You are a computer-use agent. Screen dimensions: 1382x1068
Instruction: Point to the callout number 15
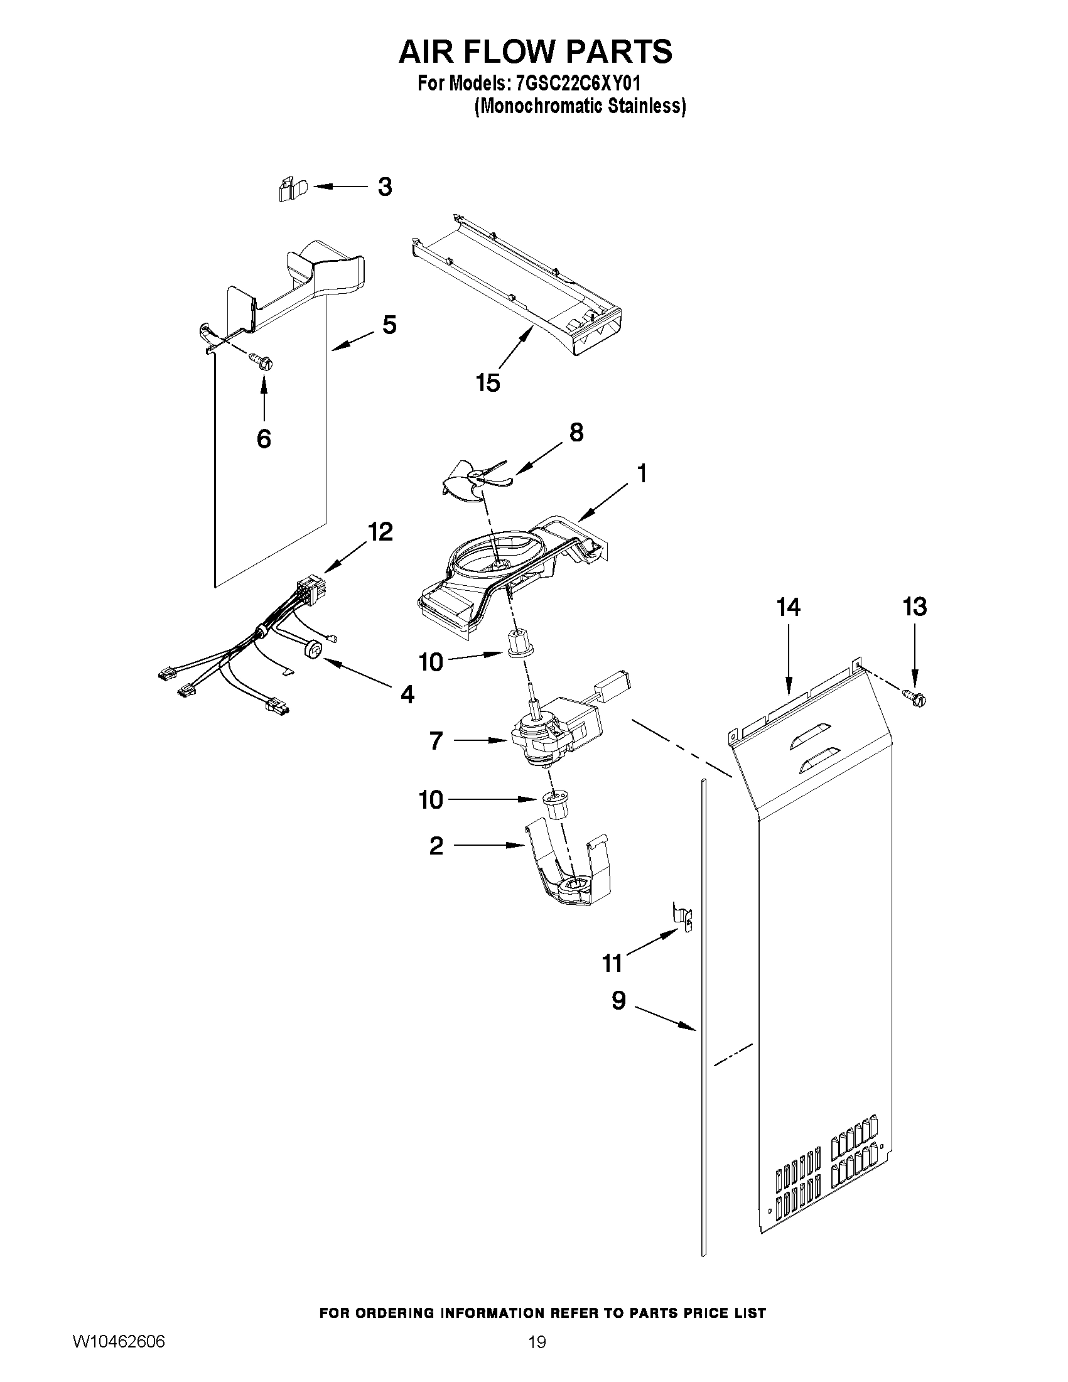pyautogui.click(x=488, y=382)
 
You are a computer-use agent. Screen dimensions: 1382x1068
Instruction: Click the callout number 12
pyautogui.click(x=380, y=532)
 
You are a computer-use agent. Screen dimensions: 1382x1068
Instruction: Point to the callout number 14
pyautogui.click(x=789, y=607)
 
